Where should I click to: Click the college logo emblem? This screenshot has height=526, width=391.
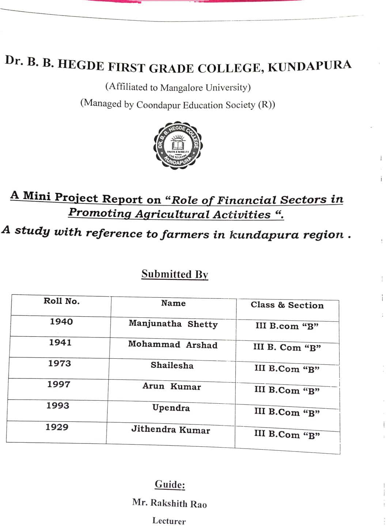(178, 145)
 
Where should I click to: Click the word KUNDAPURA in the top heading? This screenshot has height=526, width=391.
(310, 66)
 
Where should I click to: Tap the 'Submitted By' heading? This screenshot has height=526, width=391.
(175, 274)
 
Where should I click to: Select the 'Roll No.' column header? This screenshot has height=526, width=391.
(61, 301)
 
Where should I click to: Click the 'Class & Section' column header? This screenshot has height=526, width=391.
(287, 305)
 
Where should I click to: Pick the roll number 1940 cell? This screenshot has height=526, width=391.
(61, 321)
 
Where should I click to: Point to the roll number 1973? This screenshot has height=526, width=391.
(60, 363)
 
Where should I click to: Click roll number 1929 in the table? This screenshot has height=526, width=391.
(57, 427)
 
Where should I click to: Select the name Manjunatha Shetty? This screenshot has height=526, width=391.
(173, 324)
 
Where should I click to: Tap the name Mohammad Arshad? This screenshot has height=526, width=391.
(172, 344)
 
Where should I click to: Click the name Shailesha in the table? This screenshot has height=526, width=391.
(172, 365)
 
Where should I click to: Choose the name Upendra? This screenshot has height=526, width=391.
(171, 408)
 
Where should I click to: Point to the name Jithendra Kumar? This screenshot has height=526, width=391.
(171, 430)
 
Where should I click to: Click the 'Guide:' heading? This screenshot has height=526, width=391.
(170, 484)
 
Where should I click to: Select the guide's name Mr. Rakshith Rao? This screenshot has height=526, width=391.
(170, 503)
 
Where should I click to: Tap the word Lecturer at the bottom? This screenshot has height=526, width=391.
(169, 521)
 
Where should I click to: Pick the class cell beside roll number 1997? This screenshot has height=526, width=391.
(287, 390)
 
